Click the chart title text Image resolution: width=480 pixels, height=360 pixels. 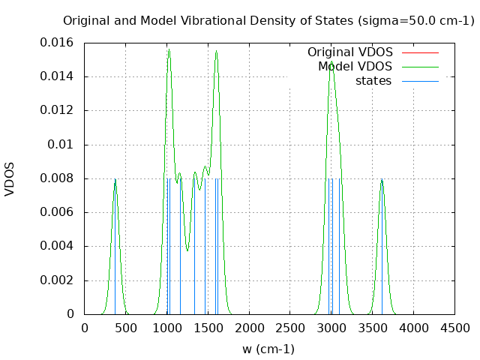[268, 21]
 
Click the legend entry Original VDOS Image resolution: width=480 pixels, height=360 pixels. [349, 52]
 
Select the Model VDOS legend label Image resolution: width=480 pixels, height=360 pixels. [355, 67]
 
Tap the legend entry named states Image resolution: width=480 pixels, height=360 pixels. [373, 81]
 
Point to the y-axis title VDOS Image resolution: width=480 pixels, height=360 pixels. [10, 178]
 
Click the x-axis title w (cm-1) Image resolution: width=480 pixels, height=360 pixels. [268, 349]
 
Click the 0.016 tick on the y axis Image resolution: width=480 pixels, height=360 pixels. [57, 43]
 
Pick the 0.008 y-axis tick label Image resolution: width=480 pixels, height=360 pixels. [57, 178]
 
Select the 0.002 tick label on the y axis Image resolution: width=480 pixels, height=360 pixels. [57, 280]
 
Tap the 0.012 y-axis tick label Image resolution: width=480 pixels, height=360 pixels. [57, 110]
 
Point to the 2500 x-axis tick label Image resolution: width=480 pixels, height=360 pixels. [289, 328]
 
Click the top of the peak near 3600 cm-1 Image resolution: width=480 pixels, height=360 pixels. [382, 179]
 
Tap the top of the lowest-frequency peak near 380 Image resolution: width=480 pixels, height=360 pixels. [115, 179]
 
